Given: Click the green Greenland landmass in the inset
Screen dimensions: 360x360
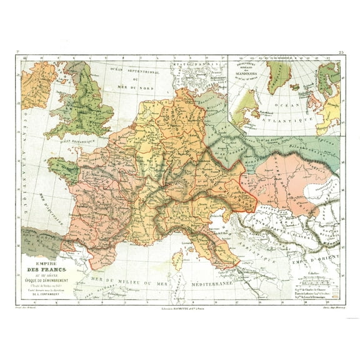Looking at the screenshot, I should [x=278, y=72].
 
